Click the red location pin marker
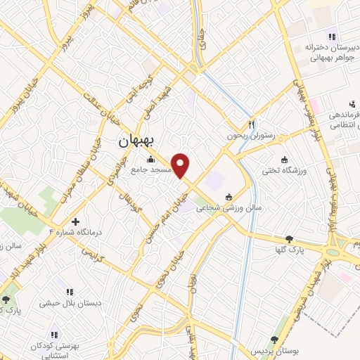[x=181, y=165]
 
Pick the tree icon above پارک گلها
[x=289, y=239]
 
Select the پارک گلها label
[x=289, y=250]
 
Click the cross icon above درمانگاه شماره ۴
[x=75, y=221]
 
